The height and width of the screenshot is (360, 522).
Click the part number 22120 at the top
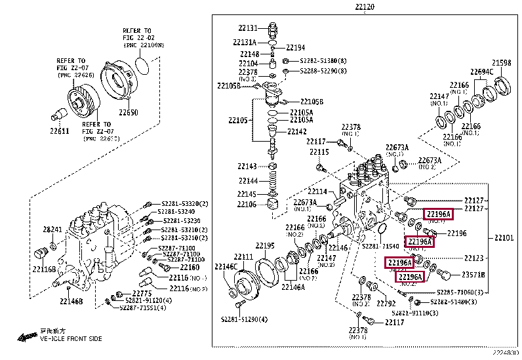[365, 7]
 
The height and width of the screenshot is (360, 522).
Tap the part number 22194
[296, 48]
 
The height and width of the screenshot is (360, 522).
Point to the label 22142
[296, 131]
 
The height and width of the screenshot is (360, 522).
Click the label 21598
[501, 63]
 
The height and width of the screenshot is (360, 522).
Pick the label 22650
[128, 113]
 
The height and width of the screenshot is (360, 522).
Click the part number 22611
[59, 130]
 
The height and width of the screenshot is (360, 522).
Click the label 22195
[264, 245]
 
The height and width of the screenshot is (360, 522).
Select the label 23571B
[473, 275]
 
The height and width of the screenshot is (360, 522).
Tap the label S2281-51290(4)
[244, 319]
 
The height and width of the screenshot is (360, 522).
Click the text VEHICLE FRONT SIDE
[71, 338]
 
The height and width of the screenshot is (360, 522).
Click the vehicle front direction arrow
[28, 337]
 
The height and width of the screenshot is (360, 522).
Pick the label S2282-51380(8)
[323, 59]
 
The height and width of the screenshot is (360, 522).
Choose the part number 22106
[247, 204]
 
